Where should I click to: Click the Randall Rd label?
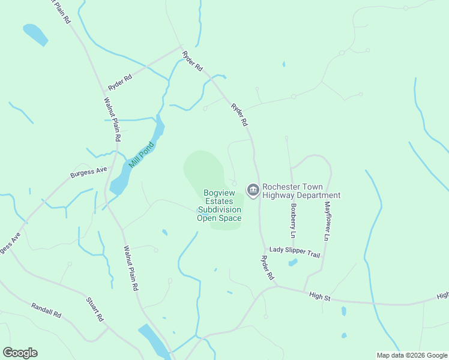pyautogui.click(x=47, y=310)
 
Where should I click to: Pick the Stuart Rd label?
pyautogui.click(x=96, y=309)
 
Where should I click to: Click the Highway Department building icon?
pyautogui.click(x=253, y=190)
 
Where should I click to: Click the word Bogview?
pyautogui.click(x=219, y=193)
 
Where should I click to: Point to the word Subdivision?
pyautogui.click(x=219, y=209)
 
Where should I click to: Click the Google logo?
pyautogui.click(x=20, y=353)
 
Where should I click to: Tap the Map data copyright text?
pyautogui.click(x=412, y=355)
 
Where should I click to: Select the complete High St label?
pyautogui.click(x=320, y=295)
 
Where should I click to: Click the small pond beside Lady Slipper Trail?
pyautogui.click(x=292, y=262)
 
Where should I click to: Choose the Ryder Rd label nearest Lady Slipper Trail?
pyautogui.click(x=267, y=268)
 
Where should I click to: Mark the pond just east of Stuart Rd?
pyautogui.click(x=154, y=340)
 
